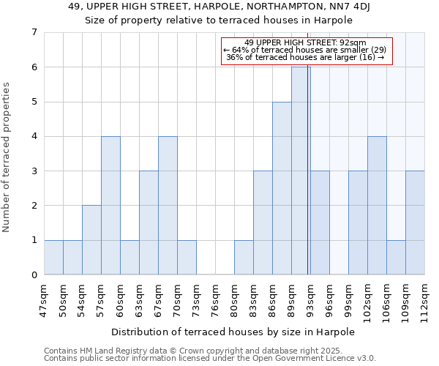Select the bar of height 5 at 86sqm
[282, 188]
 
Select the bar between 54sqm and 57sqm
[91, 240]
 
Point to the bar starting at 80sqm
[244, 257]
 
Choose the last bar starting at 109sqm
[415, 223]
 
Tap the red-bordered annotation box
[307, 51]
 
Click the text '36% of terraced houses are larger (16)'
[305, 58]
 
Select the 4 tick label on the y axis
[34, 137]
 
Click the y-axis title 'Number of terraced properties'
[7, 157]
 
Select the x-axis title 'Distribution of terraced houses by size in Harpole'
[233, 332]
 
